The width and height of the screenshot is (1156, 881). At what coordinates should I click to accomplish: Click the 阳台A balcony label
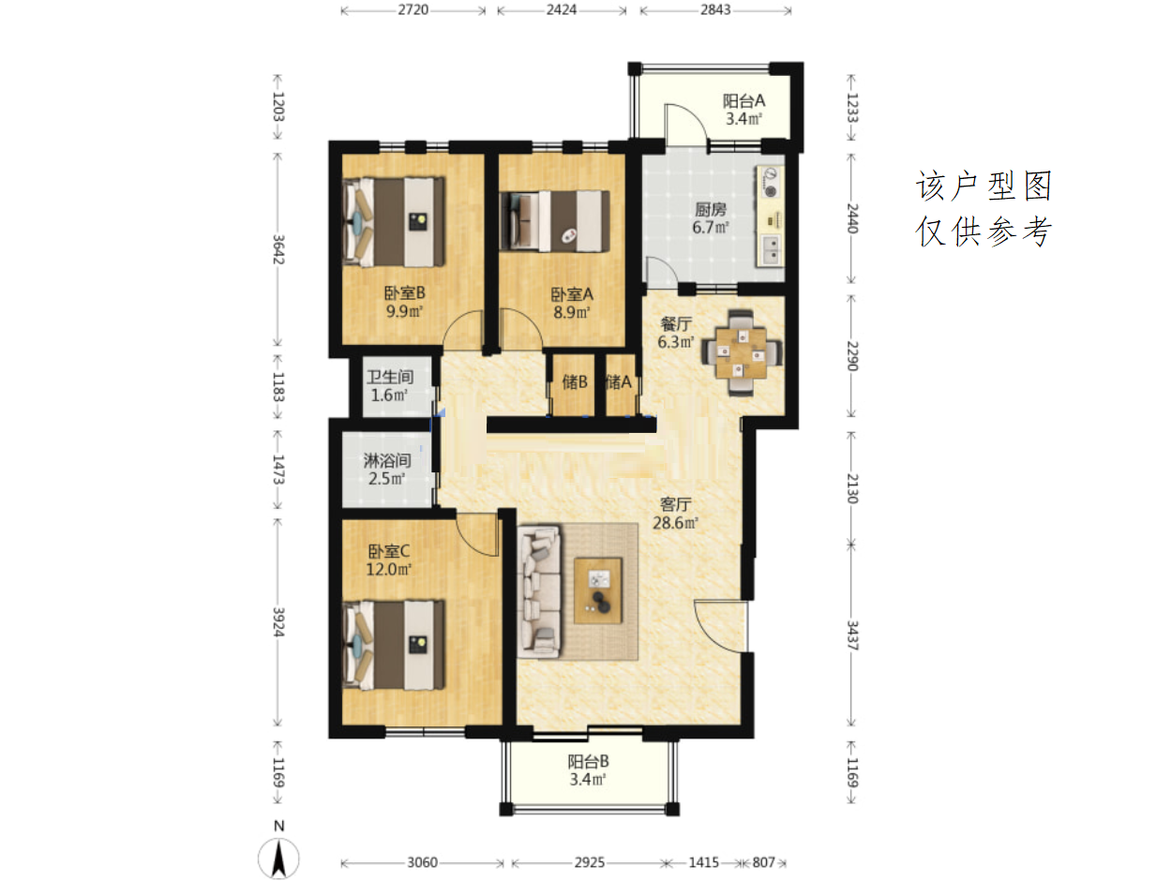click(743, 100)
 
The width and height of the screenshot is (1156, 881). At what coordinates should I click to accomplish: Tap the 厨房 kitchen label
click(711, 209)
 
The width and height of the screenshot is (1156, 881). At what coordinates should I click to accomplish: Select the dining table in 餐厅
click(741, 352)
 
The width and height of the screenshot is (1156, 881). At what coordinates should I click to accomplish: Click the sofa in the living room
click(539, 591)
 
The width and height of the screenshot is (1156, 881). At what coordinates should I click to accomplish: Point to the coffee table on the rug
click(598, 591)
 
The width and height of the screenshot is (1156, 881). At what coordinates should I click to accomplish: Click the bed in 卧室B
click(394, 221)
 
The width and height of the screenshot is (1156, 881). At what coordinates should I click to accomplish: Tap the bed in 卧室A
click(554, 221)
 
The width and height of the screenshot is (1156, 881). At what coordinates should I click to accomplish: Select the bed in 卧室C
click(394, 645)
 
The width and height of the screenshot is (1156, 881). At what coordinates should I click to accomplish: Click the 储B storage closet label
click(575, 381)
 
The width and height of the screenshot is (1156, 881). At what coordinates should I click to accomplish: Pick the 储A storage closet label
click(618, 381)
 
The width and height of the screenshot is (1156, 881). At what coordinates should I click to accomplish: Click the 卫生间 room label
click(390, 376)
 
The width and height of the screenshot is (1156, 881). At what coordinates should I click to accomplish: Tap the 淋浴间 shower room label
click(387, 460)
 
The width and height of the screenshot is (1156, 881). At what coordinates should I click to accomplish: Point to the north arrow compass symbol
click(278, 859)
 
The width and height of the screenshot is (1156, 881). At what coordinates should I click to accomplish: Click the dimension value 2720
click(413, 10)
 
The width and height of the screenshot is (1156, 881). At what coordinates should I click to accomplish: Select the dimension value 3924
click(278, 622)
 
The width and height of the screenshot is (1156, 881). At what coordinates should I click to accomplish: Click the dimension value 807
click(763, 862)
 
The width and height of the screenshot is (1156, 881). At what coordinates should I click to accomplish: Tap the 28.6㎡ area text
click(676, 523)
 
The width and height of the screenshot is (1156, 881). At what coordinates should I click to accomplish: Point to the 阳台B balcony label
click(588, 761)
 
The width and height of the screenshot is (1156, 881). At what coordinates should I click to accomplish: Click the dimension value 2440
click(852, 217)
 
